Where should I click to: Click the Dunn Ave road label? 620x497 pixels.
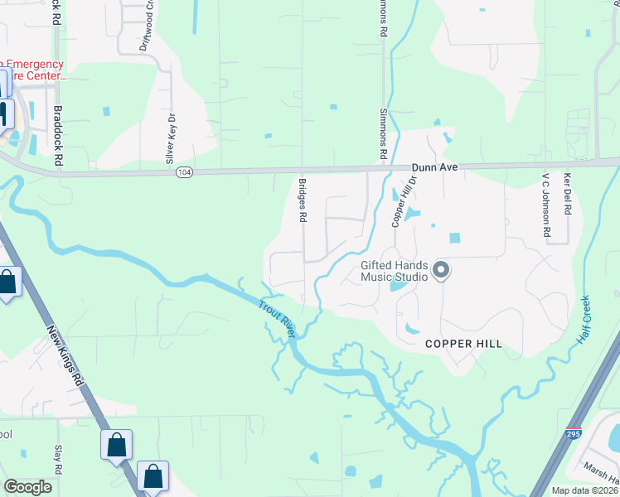tap(435, 167)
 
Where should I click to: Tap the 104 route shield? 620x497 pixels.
tap(184, 172)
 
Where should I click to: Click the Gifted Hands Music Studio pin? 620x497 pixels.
tap(441, 270)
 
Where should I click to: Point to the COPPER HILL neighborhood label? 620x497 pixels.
tap(463, 343)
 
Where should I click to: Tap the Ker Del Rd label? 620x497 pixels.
tap(567, 195)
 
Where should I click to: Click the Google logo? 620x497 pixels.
tap(28, 487)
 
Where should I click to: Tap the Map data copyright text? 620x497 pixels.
tap(584, 490)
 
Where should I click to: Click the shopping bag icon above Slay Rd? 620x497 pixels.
tap(116, 444)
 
